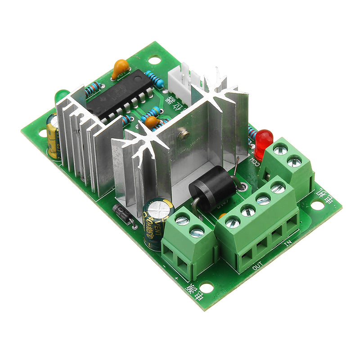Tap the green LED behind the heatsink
point(60,95)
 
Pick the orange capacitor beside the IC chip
point(120,68)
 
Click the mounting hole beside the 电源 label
point(207,286)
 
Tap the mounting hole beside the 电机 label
point(317,205)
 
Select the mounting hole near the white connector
point(154,59)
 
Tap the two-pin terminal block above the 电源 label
point(189,243)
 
